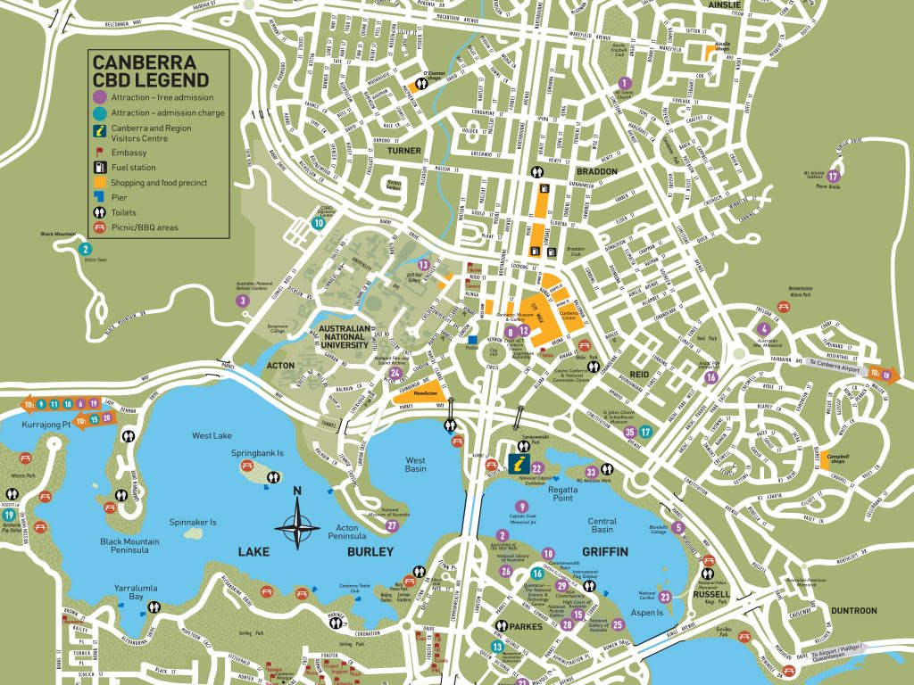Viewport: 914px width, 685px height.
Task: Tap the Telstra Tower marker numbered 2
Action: [x=86, y=249]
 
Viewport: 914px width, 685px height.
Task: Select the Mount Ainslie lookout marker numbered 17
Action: [x=833, y=176]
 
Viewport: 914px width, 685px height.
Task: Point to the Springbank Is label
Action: [x=257, y=453]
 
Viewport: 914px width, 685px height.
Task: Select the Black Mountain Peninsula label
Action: [x=129, y=547]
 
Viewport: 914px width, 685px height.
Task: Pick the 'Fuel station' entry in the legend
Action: [x=134, y=167]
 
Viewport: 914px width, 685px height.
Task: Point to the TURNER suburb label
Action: [x=403, y=151]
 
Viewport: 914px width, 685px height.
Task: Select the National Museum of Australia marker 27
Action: [x=391, y=525]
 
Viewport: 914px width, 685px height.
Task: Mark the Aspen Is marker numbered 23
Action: [x=665, y=597]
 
